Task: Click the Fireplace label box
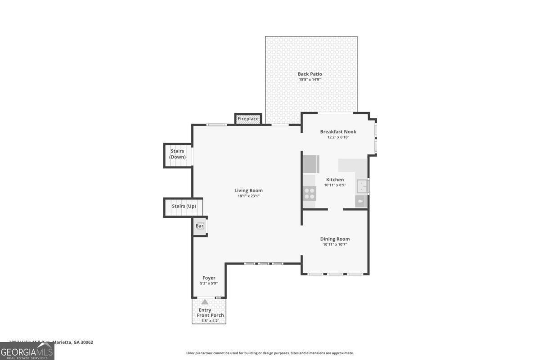(248, 119)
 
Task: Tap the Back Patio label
(310, 74)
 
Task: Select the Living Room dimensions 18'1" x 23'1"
(248, 196)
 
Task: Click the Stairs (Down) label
(177, 154)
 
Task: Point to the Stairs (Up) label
(184, 206)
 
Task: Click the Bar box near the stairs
(199, 226)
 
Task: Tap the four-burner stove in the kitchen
(310, 194)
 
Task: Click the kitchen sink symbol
(362, 185)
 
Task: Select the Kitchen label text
(335, 180)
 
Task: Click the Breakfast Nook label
(338, 131)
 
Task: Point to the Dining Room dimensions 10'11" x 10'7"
(335, 244)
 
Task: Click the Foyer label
(208, 278)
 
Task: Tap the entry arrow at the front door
(205, 302)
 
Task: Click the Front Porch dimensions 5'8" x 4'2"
(210, 321)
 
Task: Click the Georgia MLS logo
(27, 351)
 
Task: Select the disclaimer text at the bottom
(270, 353)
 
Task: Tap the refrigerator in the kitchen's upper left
(311, 164)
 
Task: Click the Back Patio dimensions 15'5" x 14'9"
(310, 80)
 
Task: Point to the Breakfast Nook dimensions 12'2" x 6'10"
(338, 137)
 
